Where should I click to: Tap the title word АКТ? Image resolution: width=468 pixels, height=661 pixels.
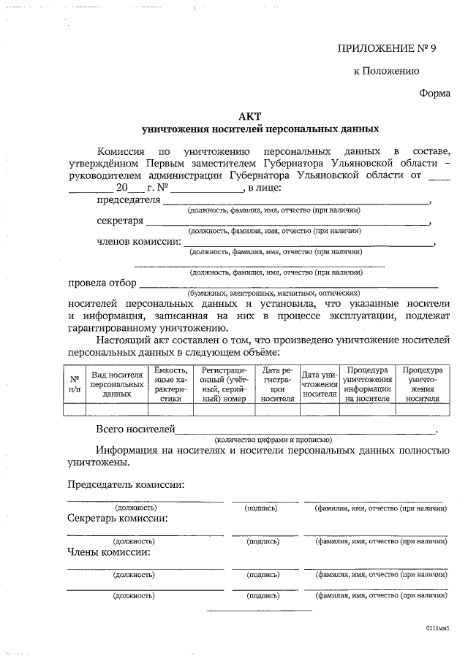click(249, 116)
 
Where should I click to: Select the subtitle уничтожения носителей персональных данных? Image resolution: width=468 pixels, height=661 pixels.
click(260, 129)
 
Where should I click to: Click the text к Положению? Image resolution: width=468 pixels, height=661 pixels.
click(385, 71)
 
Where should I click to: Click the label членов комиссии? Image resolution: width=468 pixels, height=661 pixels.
click(138, 241)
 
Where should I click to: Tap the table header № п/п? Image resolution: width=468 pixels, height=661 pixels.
click(75, 384)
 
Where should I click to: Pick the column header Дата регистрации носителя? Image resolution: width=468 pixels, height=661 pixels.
click(277, 384)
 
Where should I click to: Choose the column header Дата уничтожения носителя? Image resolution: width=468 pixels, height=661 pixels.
click(319, 384)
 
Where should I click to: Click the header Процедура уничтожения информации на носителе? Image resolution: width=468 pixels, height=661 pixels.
click(369, 384)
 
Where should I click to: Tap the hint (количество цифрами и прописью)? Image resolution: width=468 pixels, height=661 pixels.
click(273, 440)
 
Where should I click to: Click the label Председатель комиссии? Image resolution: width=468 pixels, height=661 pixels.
click(125, 484)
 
